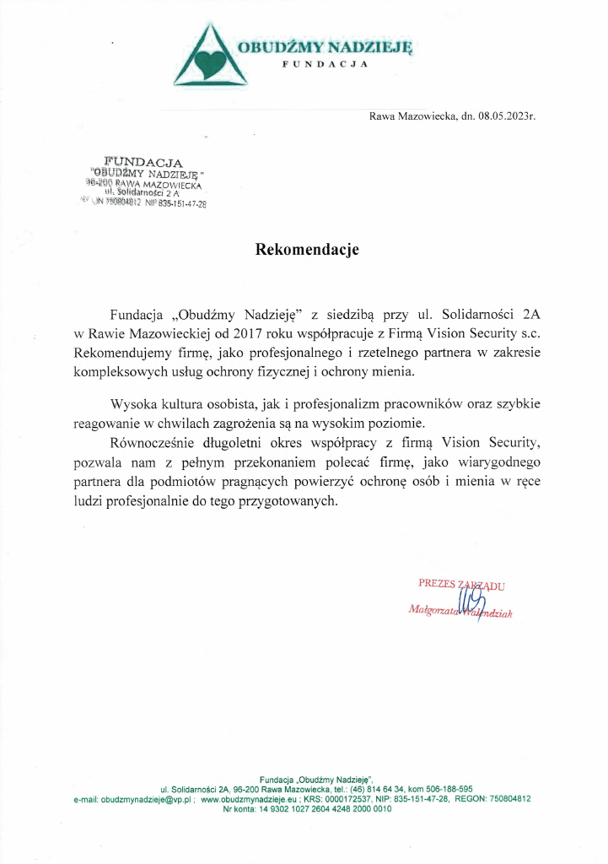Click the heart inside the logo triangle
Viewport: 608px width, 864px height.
pos(210,61)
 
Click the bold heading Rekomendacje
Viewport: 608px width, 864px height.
pos(308,250)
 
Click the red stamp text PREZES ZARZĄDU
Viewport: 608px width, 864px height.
pos(461,584)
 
